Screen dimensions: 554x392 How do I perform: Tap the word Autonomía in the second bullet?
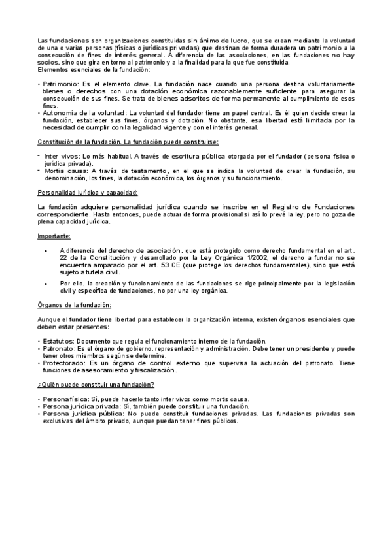click(60, 113)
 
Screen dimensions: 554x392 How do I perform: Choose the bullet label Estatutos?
click(58, 342)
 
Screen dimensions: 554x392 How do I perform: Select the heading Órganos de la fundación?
click(75, 305)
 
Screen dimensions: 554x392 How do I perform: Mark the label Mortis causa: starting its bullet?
click(63, 171)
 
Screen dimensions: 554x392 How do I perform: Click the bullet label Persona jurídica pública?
click(81, 414)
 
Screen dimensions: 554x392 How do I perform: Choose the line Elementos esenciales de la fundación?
click(94, 70)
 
